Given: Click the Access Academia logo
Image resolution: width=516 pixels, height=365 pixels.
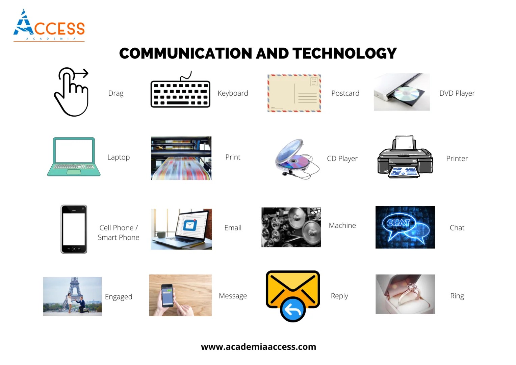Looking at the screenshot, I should tap(49, 26).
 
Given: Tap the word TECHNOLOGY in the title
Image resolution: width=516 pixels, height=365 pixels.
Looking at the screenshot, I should tap(344, 53).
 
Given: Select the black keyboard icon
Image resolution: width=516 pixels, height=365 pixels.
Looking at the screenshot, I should tap(180, 93).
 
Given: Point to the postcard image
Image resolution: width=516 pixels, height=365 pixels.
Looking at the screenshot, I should tap(294, 93).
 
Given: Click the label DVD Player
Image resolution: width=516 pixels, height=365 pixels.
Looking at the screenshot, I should tap(457, 93).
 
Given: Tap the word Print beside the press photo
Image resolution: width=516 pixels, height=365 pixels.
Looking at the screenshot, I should tap(233, 157).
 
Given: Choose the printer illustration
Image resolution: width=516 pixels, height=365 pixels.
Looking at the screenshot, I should tap(405, 157).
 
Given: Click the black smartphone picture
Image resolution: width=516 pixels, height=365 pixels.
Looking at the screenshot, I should tap(74, 229).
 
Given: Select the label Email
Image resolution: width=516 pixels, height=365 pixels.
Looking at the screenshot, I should tap(233, 228).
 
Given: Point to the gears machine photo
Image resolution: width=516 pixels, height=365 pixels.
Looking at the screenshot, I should tap(291, 227).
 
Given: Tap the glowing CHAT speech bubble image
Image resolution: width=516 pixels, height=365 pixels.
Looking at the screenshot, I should tap(405, 227).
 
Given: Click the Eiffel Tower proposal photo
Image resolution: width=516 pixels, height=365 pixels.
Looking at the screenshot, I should tap(72, 296).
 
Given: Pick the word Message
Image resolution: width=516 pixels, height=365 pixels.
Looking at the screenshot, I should tap(233, 296).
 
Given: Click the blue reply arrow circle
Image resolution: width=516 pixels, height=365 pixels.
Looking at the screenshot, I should tap(293, 309).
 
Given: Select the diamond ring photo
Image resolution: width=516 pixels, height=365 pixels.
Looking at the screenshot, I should tap(405, 294).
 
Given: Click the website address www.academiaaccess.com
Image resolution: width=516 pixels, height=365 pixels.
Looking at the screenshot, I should tap(258, 347).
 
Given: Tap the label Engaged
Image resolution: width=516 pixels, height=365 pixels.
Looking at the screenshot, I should tap(119, 297).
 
